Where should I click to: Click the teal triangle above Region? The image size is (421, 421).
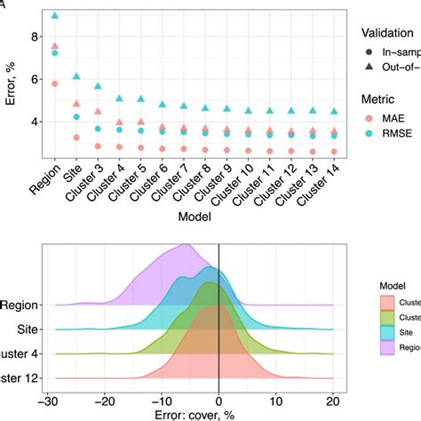coord(55,15)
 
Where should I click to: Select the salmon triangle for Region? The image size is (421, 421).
coord(55,46)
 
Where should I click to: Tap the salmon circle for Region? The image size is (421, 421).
coord(55,83)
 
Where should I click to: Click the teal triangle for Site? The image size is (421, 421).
coord(76,76)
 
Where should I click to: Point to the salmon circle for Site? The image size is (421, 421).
coord(76,138)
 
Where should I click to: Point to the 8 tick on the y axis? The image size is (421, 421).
coord(35,37)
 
